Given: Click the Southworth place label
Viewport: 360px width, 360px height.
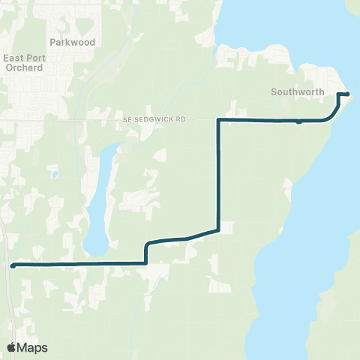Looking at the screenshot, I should pyautogui.click(x=298, y=92).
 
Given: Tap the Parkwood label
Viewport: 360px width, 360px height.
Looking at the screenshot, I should pyautogui.click(x=73, y=43).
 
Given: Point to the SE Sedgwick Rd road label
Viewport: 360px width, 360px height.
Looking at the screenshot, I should pyautogui.click(x=158, y=119).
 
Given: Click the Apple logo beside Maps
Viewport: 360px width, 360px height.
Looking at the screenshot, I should pyautogui.click(x=13, y=347).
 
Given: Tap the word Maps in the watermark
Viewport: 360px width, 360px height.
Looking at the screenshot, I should pyautogui.click(x=32, y=347).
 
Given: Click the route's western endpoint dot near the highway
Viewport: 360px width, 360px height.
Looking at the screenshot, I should pyautogui.click(x=13, y=265).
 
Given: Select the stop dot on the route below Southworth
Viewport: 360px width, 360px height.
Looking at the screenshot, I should pyautogui.click(x=298, y=121).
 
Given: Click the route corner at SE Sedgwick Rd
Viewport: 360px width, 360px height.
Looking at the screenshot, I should pyautogui.click(x=218, y=119).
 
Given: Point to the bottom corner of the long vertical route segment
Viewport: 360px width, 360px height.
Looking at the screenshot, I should pyautogui.click(x=218, y=229).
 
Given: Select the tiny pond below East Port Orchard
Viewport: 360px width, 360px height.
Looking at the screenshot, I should pyautogui.click(x=55, y=175).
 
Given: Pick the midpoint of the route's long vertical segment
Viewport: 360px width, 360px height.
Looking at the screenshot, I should pyautogui.click(x=218, y=175).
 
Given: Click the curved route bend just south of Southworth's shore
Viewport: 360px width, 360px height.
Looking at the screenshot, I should pyautogui.click(x=332, y=114).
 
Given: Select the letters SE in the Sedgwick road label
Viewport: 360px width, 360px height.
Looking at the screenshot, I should pyautogui.click(x=127, y=119).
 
